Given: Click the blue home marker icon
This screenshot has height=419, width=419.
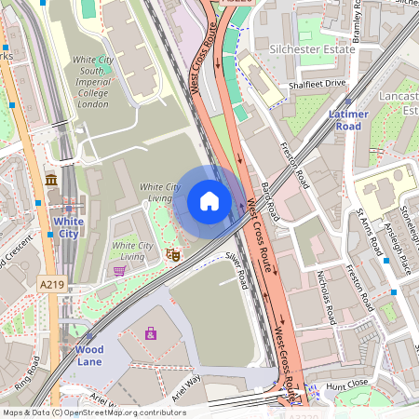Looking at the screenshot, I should click(x=209, y=201).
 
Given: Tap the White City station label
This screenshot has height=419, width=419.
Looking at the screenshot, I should click(x=68, y=227).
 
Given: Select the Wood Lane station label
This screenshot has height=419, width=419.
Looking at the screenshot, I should click(x=89, y=355).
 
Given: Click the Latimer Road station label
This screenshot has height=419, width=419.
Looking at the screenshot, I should click(x=348, y=119).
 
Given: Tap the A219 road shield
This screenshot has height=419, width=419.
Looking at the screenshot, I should click(x=51, y=283).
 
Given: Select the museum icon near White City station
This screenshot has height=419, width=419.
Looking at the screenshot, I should click(x=49, y=179).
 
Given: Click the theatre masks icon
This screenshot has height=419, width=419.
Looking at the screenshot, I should click(x=171, y=253).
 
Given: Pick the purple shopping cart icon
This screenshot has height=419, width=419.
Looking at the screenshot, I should click(x=119, y=271).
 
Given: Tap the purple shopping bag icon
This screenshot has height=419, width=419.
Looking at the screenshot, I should click(x=150, y=332).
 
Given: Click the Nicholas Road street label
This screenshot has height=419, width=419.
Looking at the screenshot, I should click(x=326, y=297).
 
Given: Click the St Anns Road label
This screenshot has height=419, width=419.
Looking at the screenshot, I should click(x=370, y=232).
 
